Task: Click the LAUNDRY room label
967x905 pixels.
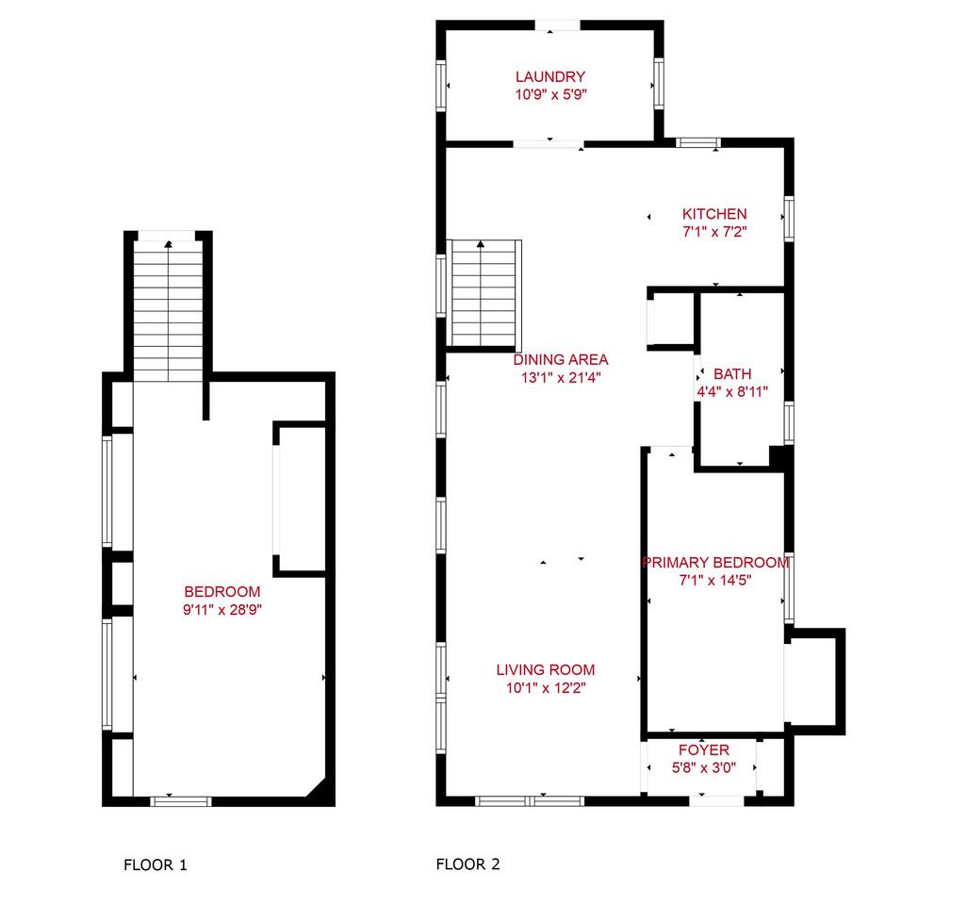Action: coord(550,77)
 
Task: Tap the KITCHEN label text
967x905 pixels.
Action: coord(714,214)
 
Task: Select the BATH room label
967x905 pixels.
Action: coord(732,374)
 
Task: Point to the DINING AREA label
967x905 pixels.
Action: coord(561,360)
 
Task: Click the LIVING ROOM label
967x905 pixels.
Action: coord(546,670)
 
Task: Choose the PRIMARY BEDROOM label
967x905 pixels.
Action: coord(716,563)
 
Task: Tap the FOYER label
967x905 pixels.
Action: coord(704,750)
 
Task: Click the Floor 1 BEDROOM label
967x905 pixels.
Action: coord(222,592)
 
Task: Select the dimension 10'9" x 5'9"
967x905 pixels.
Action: coord(550,94)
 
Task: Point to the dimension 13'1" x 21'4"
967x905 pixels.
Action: coord(561,377)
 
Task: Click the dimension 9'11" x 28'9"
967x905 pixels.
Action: coord(222,610)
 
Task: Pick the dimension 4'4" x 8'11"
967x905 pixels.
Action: coord(732,392)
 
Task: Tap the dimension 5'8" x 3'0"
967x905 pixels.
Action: coord(704,768)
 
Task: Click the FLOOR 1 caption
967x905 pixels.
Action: coord(156,864)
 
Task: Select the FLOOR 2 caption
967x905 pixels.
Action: coord(468,864)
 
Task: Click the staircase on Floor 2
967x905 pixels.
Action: coord(484,293)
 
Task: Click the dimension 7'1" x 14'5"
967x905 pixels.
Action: coord(715,580)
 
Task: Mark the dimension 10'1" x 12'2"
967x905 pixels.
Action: coord(546,688)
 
